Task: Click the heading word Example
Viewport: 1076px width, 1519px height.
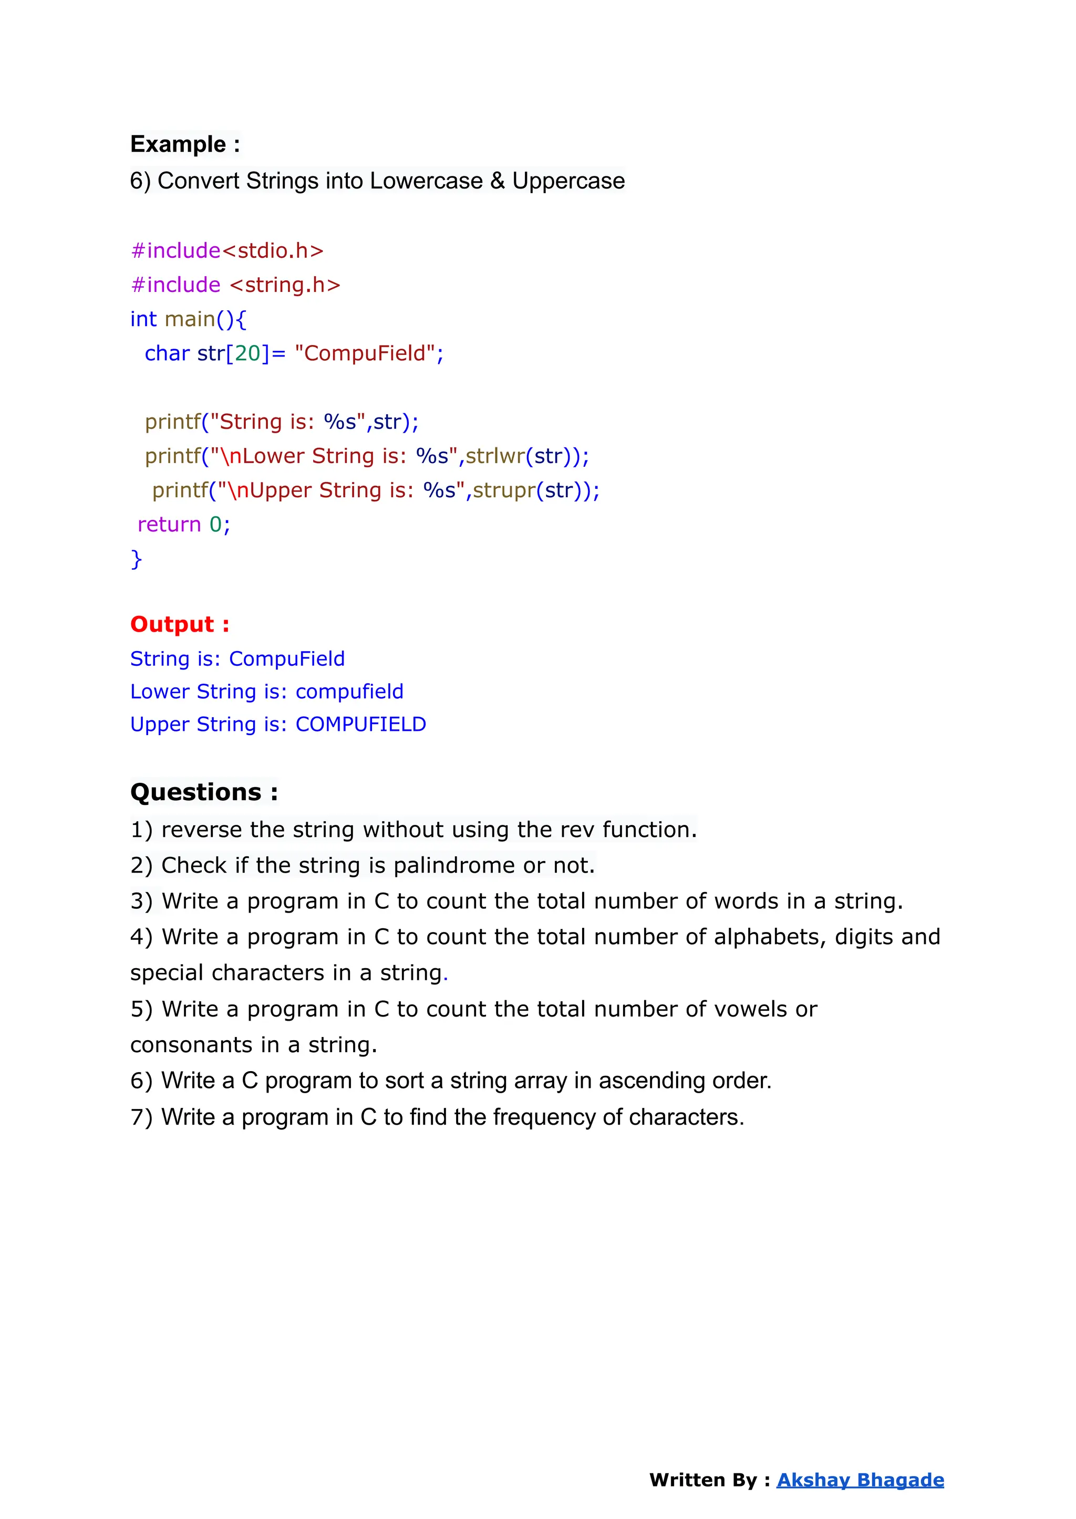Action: (178, 144)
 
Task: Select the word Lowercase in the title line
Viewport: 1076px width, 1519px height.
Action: (426, 181)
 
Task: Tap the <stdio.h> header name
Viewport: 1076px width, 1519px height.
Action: (272, 251)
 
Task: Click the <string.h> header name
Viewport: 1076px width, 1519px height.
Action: (285, 285)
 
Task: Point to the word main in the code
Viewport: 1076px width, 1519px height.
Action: (190, 319)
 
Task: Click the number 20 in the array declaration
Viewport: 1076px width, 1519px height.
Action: (248, 353)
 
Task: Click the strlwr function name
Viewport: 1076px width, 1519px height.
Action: (495, 456)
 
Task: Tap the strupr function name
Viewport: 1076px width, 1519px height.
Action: (503, 490)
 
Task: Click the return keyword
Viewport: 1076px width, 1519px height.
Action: (169, 525)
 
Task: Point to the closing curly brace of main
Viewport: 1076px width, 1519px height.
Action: (137, 560)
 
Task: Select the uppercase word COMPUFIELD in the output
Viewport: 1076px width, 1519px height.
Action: (360, 725)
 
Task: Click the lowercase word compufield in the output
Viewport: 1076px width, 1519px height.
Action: (349, 692)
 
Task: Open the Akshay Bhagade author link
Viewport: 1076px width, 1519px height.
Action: (860, 1480)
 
